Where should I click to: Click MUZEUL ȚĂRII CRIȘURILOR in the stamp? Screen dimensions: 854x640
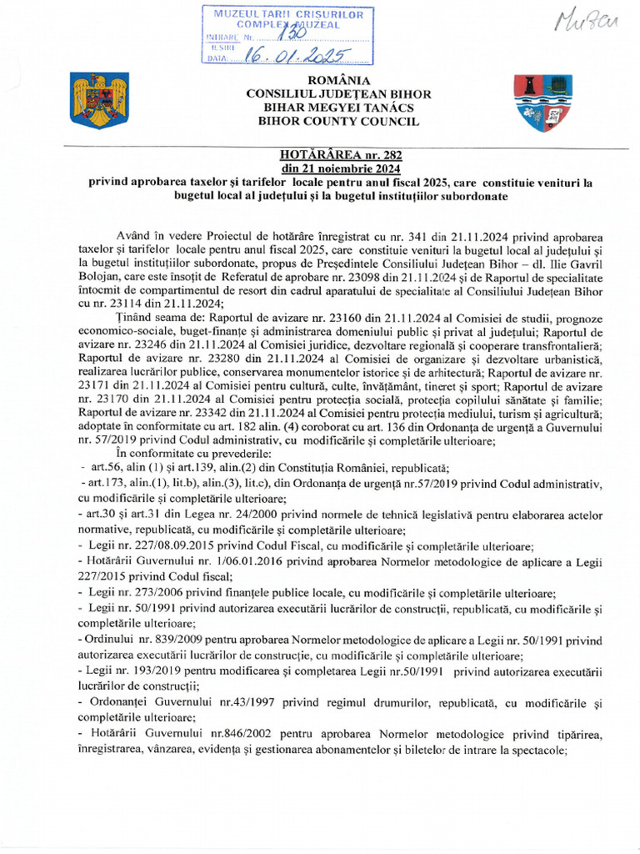tap(289, 15)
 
